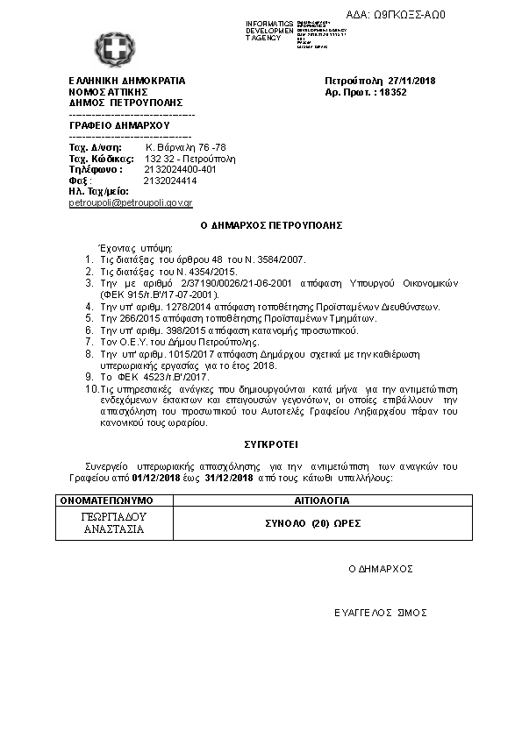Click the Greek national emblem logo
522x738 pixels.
coord(111,46)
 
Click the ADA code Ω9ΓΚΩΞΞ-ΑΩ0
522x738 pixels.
coord(409,15)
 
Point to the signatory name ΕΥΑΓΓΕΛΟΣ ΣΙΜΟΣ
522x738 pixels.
coord(380,613)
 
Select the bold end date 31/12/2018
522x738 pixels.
coord(229,479)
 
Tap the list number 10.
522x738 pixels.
coord(90,387)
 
